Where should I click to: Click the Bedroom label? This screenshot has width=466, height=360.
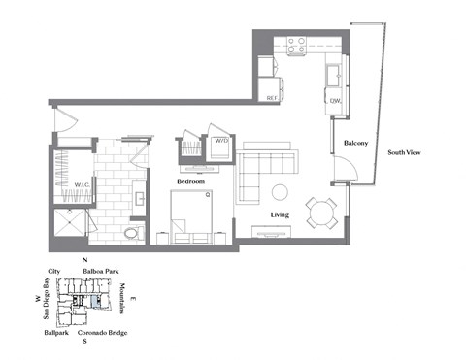click(189, 181)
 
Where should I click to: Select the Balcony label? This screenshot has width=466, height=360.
click(355, 144)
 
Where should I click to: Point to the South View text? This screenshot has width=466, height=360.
click(405, 152)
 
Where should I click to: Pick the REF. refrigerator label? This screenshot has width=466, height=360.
click(273, 98)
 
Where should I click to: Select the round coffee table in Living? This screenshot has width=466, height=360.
click(280, 191)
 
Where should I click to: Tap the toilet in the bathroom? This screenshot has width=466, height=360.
click(135, 233)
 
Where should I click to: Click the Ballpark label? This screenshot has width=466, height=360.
click(56, 332)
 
